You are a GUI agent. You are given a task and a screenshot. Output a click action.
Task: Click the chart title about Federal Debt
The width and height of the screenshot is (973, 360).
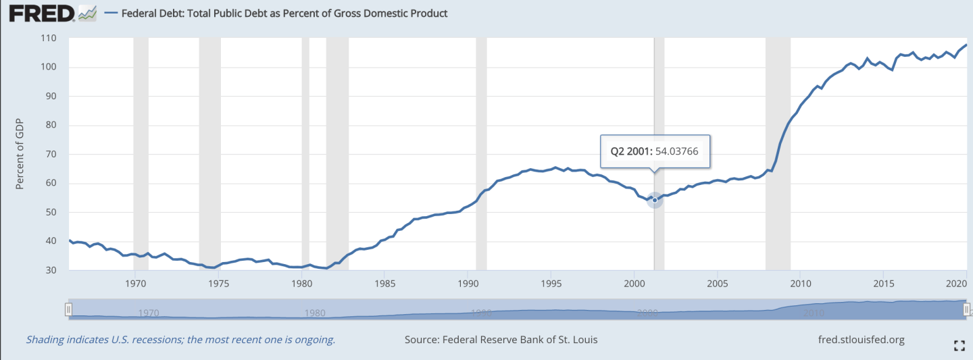(x=284, y=14)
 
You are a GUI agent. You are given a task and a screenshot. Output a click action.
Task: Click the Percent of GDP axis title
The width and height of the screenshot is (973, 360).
(x=20, y=155)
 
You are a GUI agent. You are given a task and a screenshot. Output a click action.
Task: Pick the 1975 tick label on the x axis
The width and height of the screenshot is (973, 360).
(x=218, y=282)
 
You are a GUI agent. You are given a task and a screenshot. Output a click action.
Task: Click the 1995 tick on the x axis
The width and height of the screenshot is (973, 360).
(x=551, y=282)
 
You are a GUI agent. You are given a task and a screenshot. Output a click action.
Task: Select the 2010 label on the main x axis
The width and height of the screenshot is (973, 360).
(x=800, y=282)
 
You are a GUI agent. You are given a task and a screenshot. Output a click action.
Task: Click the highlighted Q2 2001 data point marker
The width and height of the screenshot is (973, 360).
(x=654, y=200)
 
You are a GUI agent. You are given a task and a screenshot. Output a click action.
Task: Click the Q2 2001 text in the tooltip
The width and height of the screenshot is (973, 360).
(x=630, y=152)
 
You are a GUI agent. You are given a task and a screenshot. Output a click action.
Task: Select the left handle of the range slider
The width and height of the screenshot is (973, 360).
(x=68, y=309)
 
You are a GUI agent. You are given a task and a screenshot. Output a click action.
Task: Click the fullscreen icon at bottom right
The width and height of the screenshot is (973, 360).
(x=959, y=346)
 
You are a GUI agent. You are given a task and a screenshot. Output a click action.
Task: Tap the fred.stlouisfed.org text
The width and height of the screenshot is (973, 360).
(x=860, y=340)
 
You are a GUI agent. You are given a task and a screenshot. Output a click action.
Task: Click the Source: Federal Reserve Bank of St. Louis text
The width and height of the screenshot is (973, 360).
(x=501, y=340)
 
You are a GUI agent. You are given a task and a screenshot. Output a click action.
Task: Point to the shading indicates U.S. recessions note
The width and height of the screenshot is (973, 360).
(x=180, y=340)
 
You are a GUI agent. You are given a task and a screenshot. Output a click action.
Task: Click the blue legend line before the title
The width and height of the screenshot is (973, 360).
(x=111, y=14)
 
